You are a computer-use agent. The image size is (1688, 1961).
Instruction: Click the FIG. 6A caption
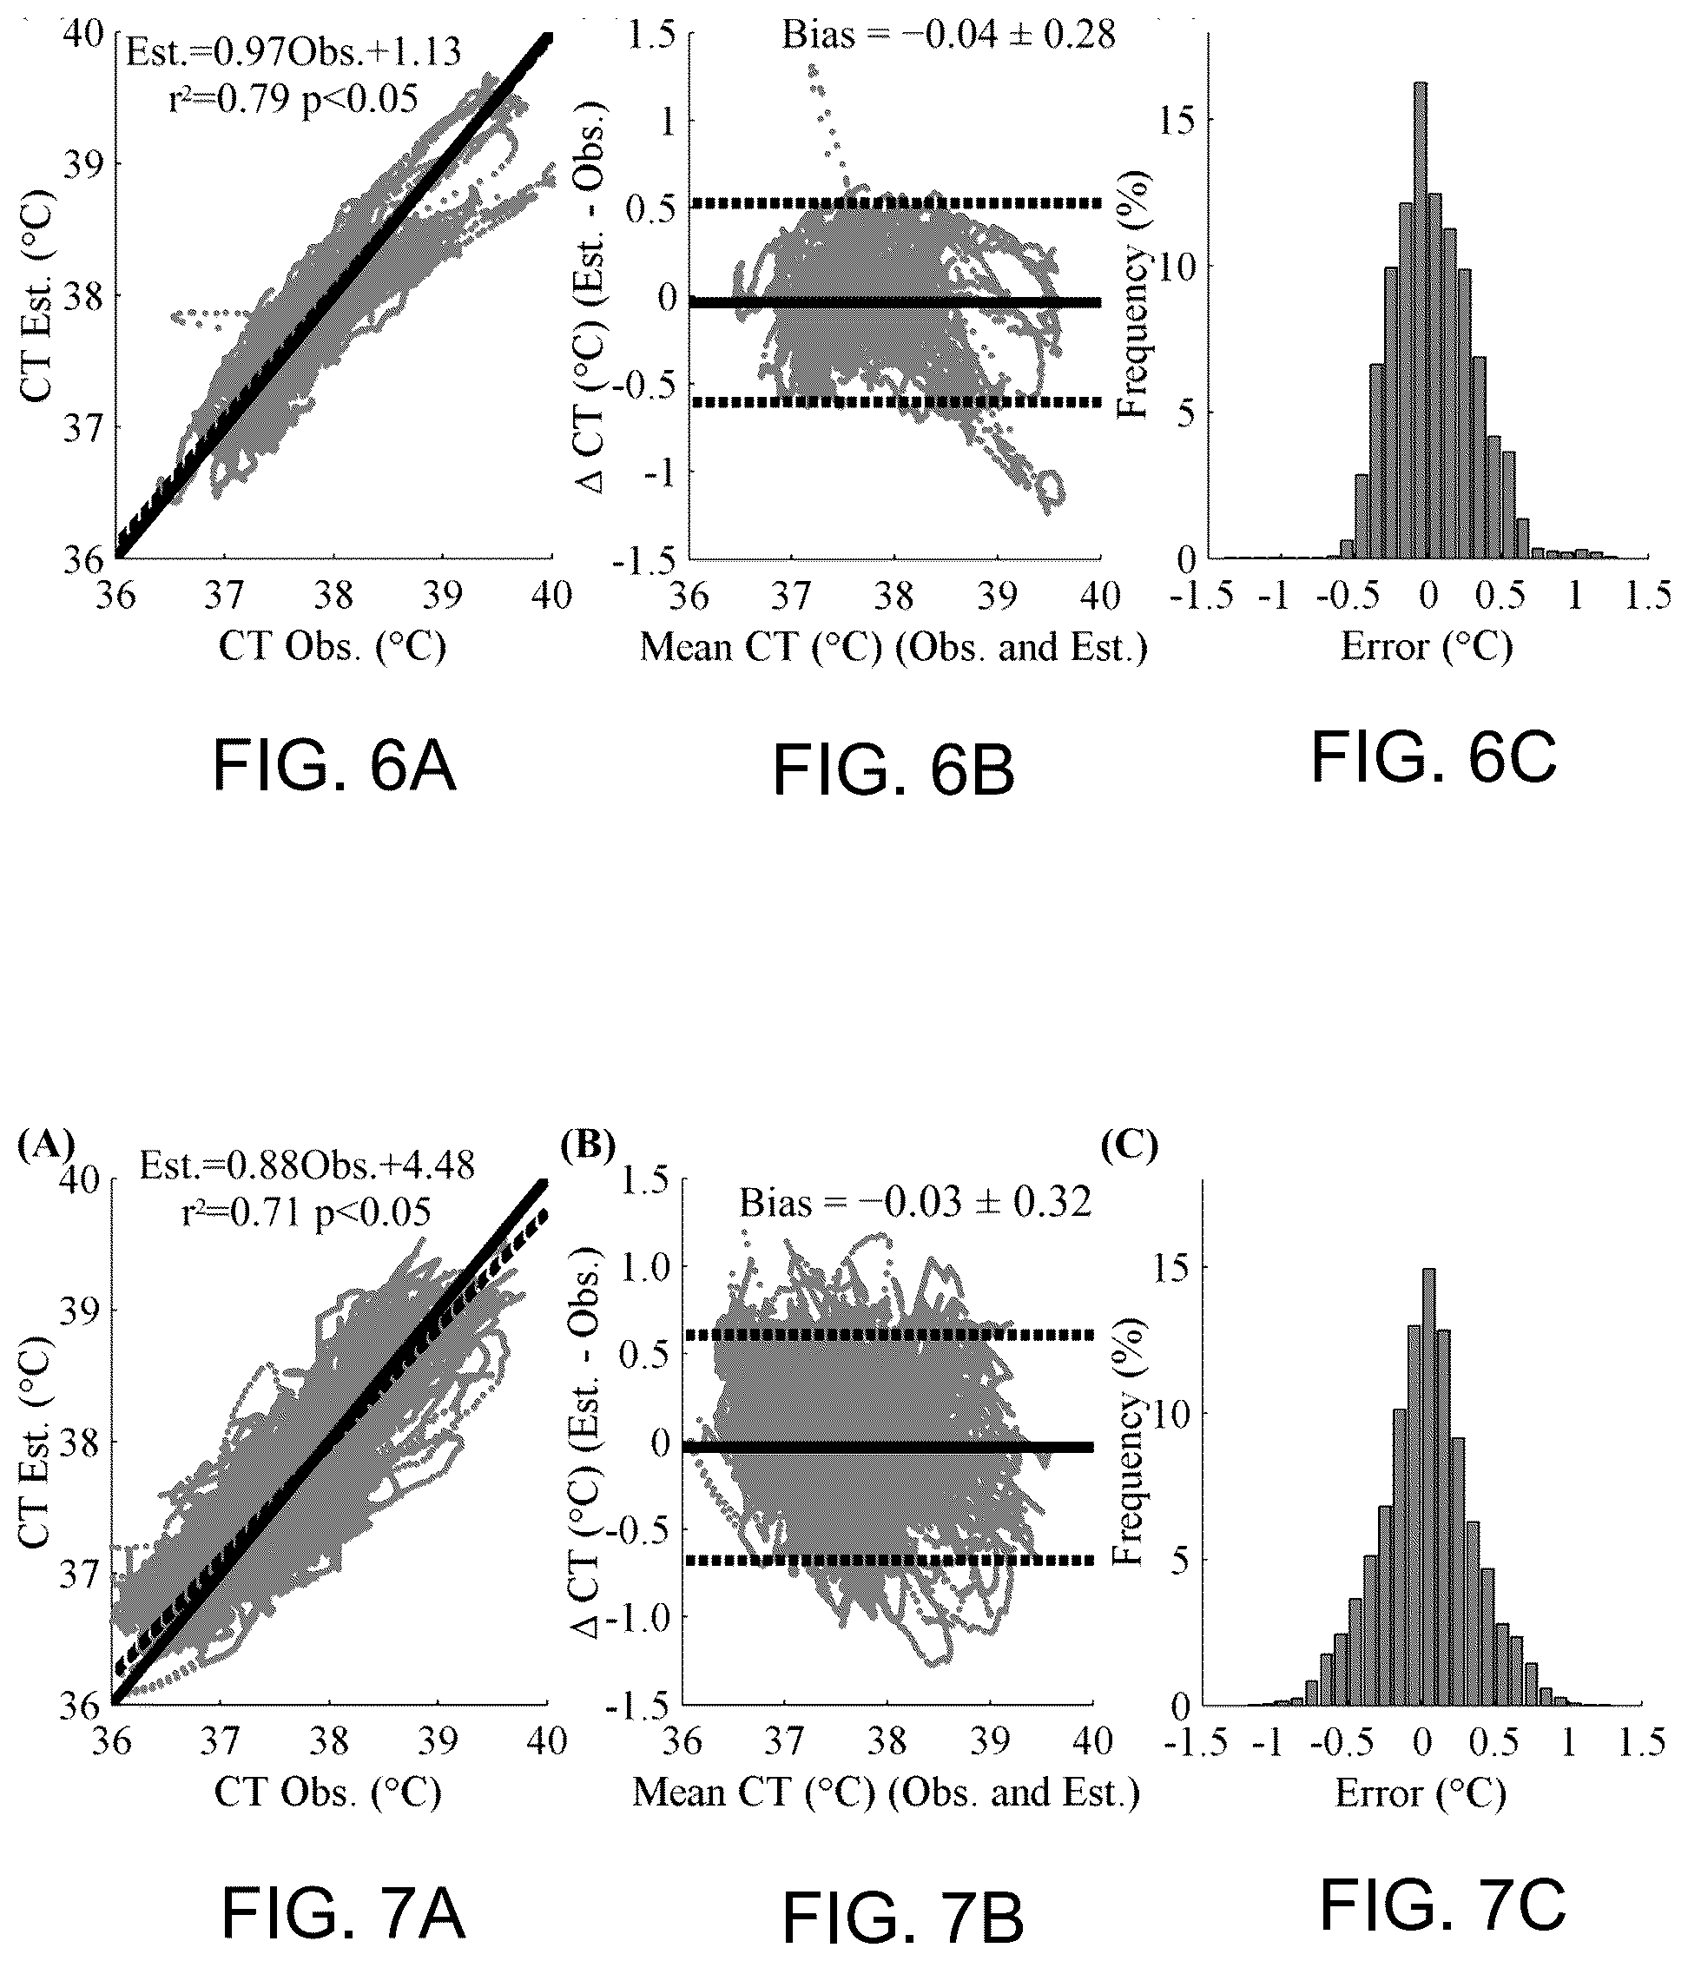(x=334, y=768)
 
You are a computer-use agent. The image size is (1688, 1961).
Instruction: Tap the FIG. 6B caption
(x=894, y=771)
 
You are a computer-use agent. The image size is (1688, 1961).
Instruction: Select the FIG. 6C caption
(x=1434, y=759)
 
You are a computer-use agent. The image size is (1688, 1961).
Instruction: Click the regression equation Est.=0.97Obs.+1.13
(x=294, y=52)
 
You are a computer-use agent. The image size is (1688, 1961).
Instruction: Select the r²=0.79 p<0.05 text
(x=293, y=97)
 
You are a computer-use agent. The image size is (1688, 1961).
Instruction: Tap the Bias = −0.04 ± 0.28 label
(x=948, y=35)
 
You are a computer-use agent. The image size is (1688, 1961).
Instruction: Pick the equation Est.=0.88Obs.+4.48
(x=307, y=1166)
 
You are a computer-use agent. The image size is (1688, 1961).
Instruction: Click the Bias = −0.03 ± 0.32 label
(x=915, y=1203)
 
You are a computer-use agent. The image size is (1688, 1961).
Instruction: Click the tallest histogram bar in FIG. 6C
(x=1421, y=320)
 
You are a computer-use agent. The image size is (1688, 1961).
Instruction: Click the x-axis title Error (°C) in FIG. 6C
(x=1427, y=646)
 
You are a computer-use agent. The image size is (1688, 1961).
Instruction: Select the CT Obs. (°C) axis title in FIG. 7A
(x=328, y=1793)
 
